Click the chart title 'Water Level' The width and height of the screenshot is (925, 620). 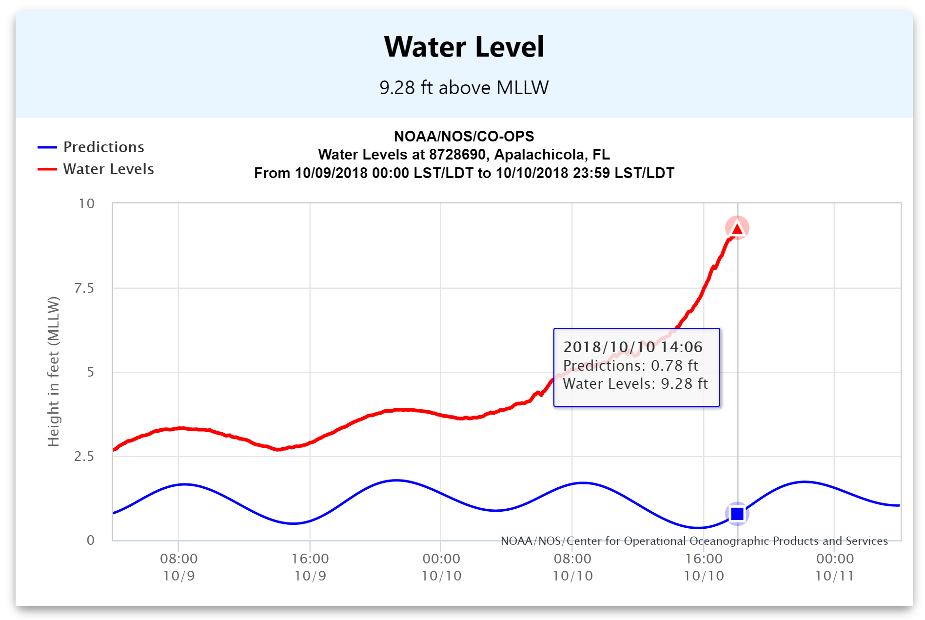click(464, 47)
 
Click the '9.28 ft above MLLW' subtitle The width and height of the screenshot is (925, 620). click(464, 88)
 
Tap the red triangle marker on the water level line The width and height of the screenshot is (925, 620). click(737, 228)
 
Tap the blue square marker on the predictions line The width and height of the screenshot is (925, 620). click(737, 514)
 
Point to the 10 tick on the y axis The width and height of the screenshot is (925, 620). click(87, 203)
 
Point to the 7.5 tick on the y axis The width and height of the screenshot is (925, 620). click(84, 288)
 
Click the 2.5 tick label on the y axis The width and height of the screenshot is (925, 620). click(84, 456)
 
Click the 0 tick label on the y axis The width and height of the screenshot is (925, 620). click(90, 540)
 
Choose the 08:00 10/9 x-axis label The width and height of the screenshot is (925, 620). click(179, 567)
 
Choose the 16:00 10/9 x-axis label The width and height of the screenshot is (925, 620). click(310, 567)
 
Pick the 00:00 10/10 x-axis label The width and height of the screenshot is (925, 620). click(441, 567)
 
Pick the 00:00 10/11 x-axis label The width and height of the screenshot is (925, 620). click(835, 567)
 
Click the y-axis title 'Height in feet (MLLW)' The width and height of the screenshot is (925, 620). click(53, 371)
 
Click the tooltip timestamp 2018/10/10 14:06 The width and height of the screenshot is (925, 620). click(632, 347)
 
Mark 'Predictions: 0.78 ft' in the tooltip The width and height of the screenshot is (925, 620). click(630, 365)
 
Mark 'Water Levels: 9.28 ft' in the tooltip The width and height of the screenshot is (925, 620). click(635, 384)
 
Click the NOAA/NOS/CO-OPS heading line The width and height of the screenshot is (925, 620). click(464, 136)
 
